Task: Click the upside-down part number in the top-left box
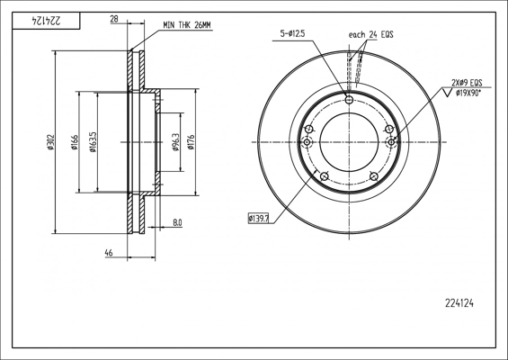click(46, 21)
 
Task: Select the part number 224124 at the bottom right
click(459, 303)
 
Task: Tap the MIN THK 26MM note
click(187, 25)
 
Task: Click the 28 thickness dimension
click(114, 20)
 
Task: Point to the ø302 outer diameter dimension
click(50, 142)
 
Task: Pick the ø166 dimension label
click(75, 142)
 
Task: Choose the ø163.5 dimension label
click(93, 142)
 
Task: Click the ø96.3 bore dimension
click(176, 142)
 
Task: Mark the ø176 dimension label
click(191, 142)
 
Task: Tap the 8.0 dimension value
click(177, 222)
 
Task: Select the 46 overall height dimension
click(109, 253)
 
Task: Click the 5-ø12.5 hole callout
click(292, 33)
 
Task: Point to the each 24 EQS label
click(371, 34)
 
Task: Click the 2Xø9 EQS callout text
click(467, 83)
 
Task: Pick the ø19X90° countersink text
click(468, 94)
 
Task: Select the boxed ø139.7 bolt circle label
click(259, 219)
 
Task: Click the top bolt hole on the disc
click(349, 100)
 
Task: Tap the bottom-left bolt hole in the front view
click(324, 176)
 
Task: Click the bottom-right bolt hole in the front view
click(374, 176)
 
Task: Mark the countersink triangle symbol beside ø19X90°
click(448, 93)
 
